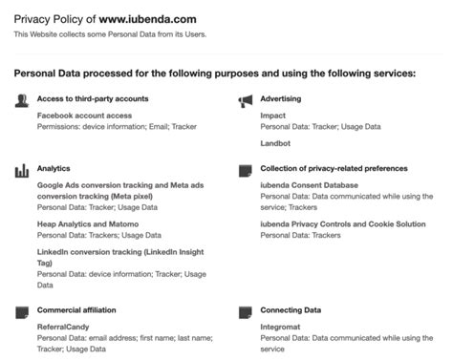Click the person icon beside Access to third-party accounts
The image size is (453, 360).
21,99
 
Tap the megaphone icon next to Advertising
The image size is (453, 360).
245,99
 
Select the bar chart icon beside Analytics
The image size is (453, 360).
21,170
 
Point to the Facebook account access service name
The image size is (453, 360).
84,115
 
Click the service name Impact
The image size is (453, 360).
272,115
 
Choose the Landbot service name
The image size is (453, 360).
275,143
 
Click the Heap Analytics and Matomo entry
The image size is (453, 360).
88,223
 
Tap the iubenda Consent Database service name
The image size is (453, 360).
309,184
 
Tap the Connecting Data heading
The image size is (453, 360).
291,310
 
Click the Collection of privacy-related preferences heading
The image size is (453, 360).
334,168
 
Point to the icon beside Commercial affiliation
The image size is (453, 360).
21,311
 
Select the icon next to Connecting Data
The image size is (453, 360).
245,311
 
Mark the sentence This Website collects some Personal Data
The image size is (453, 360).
109,35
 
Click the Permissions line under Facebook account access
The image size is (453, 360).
102,125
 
